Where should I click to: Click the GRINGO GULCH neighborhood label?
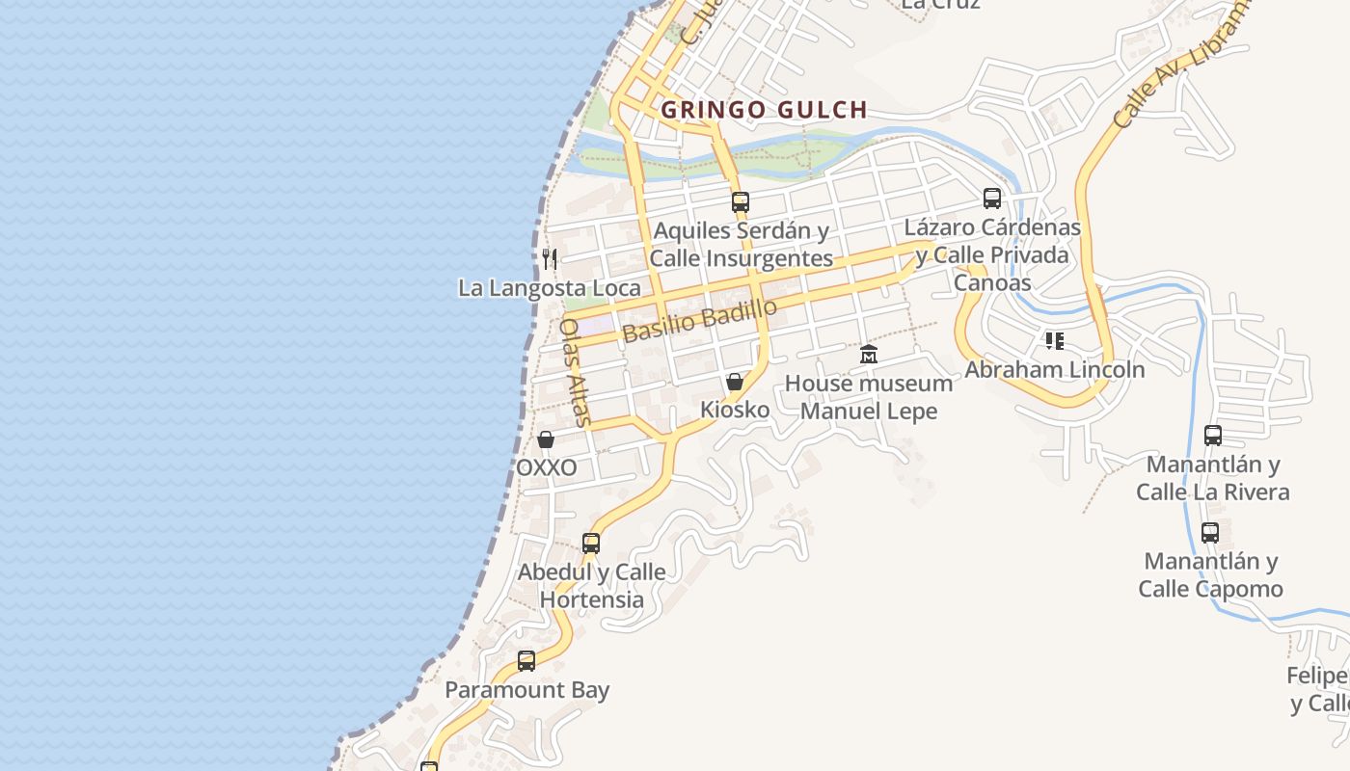pyautogui.click(x=764, y=110)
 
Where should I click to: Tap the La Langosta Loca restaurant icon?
pyautogui.click(x=550, y=258)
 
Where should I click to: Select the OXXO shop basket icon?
pyautogui.click(x=546, y=440)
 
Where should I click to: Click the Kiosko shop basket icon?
pyautogui.click(x=735, y=382)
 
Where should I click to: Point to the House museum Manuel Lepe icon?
pyautogui.click(x=869, y=355)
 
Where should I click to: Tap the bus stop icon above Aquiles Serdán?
pyautogui.click(x=740, y=202)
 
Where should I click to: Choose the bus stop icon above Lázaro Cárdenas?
pyautogui.click(x=992, y=199)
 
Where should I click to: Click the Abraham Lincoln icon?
pyautogui.click(x=1055, y=341)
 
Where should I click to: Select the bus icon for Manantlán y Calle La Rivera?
pyautogui.click(x=1213, y=436)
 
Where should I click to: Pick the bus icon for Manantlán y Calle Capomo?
pyautogui.click(x=1210, y=532)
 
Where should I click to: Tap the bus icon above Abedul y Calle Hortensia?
pyautogui.click(x=591, y=544)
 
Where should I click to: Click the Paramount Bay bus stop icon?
pyautogui.click(x=526, y=661)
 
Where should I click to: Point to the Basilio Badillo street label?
pyautogui.click(x=699, y=321)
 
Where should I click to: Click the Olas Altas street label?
pyautogui.click(x=576, y=372)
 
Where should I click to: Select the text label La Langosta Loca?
pyautogui.click(x=549, y=288)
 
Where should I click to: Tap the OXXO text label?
pyautogui.click(x=547, y=468)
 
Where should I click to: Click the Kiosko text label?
pyautogui.click(x=735, y=410)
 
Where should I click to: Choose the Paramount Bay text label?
pyautogui.click(x=526, y=690)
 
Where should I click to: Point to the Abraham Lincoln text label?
pyautogui.click(x=1055, y=370)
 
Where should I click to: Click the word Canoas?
pyautogui.click(x=992, y=282)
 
